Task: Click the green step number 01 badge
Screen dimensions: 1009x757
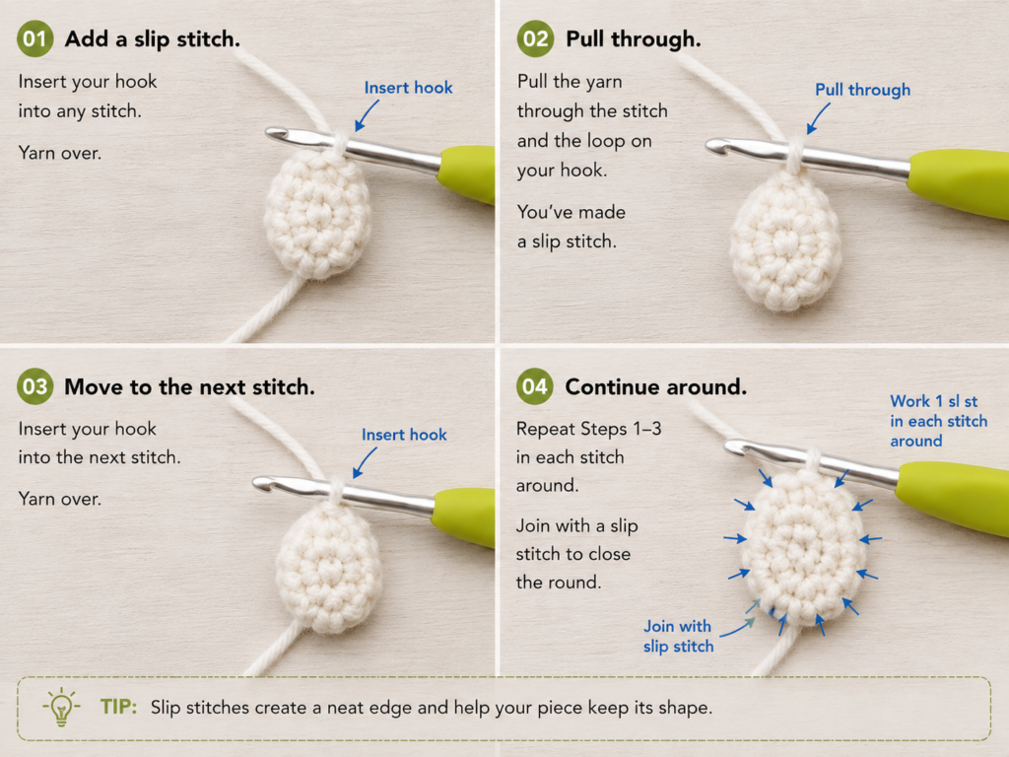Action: [34, 38]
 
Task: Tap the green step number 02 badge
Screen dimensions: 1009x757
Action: [535, 38]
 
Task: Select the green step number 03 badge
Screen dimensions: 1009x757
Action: [34, 386]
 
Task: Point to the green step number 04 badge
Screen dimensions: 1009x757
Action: [535, 386]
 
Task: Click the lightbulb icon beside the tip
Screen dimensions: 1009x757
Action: [61, 707]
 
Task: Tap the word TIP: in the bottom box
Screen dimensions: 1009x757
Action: [118, 707]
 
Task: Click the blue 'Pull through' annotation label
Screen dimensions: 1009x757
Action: [862, 90]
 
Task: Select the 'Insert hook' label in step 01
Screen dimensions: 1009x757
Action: [408, 88]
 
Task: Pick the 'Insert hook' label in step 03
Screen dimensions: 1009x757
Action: [404, 435]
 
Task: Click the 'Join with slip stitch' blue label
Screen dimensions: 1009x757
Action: [678, 636]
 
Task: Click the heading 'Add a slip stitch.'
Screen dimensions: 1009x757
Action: [153, 39]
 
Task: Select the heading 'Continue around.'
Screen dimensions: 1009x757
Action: [655, 386]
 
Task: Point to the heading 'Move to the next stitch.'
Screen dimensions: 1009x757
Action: [190, 386]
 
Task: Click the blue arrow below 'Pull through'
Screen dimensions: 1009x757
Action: [818, 118]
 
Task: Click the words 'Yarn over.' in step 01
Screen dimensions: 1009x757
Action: [60, 153]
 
